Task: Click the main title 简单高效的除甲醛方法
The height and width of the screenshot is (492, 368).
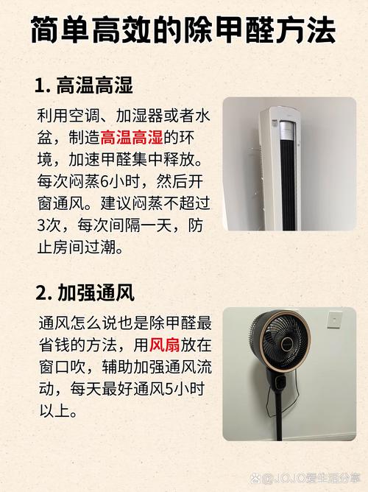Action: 184,30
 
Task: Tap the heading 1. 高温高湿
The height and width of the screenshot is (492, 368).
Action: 84,85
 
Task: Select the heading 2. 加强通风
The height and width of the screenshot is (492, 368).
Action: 85,292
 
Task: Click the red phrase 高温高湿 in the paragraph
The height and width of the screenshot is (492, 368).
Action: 132,138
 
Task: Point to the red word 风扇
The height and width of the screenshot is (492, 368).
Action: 165,345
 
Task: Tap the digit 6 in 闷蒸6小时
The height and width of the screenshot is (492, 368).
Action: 104,181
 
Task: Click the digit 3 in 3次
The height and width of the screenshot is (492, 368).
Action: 41,225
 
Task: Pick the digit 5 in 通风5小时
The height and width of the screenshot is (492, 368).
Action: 169,389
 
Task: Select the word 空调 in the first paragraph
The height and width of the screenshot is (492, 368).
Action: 85,116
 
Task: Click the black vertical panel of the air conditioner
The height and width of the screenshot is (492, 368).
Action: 288,185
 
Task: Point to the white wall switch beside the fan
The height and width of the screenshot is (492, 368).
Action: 335,320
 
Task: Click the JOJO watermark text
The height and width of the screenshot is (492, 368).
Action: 306,479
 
